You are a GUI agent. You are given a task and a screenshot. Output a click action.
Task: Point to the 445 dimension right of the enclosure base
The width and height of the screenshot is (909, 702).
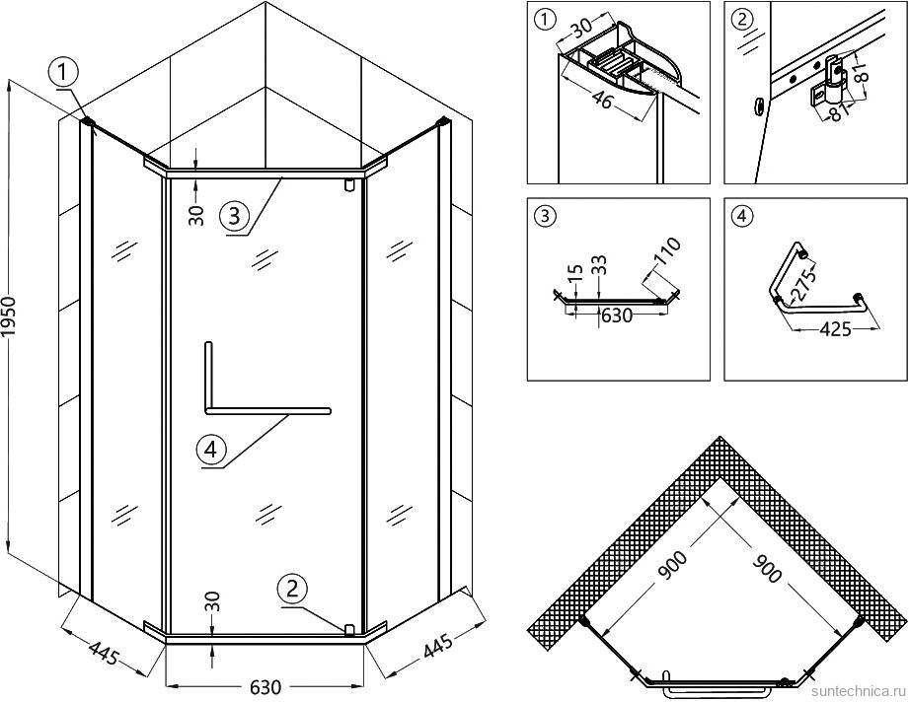point(437,647)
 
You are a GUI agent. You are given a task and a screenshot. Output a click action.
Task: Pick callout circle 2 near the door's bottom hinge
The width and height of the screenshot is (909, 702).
point(291,590)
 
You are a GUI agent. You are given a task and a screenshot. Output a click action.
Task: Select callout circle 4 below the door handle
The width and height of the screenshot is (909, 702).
point(211,451)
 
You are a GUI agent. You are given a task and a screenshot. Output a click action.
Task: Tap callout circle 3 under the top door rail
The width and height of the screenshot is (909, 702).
point(232,215)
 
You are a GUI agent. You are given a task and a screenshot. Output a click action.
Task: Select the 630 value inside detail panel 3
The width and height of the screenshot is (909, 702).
point(617,316)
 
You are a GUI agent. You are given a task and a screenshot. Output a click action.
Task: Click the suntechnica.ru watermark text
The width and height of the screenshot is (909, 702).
point(855,692)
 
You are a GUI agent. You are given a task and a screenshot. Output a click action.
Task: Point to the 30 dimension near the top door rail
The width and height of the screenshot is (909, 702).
point(196,213)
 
